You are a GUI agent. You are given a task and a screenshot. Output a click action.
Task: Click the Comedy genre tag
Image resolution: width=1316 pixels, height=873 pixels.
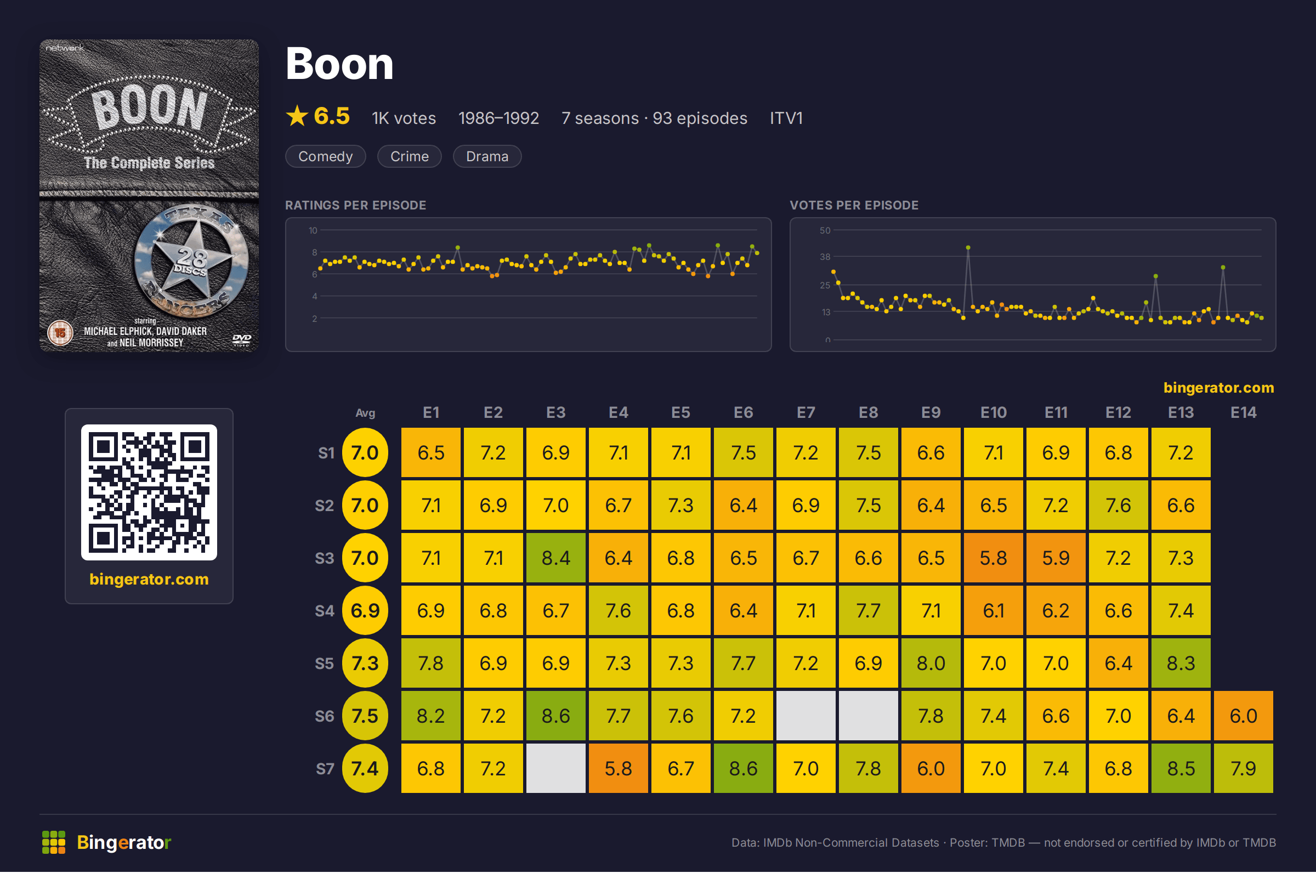[325, 156]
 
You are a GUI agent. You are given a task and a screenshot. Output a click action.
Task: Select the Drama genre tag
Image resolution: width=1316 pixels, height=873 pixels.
[487, 156]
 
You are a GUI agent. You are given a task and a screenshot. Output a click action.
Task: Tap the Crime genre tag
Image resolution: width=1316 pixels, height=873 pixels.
[409, 156]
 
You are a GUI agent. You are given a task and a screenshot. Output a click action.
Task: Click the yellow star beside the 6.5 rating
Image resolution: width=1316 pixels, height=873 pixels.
[297, 116]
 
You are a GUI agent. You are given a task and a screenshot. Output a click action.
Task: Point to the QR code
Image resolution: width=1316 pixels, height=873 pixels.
[149, 493]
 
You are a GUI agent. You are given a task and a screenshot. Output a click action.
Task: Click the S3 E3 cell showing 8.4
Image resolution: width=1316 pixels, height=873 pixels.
[555, 558]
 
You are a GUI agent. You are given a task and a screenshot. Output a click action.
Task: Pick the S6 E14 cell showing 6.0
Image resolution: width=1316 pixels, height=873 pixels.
[1243, 716]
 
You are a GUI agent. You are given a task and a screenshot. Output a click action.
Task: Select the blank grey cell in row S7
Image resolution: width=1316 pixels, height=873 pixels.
[555, 768]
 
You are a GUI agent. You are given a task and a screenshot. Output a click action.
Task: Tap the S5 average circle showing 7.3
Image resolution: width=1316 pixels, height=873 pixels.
[365, 663]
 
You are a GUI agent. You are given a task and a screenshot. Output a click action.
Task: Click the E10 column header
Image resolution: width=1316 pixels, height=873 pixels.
[993, 412]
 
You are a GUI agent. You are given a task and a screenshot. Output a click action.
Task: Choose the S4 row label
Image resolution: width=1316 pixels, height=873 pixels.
[325, 611]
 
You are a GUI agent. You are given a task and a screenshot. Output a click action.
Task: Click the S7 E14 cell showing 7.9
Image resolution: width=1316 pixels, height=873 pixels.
[1243, 768]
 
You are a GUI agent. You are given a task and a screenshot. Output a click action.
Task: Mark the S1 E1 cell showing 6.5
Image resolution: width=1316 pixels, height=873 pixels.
[431, 452]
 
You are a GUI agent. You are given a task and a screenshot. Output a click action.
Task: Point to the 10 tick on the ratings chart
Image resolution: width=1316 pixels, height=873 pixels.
[313, 230]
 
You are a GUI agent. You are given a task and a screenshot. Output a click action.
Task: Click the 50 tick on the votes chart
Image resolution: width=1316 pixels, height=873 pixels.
[825, 230]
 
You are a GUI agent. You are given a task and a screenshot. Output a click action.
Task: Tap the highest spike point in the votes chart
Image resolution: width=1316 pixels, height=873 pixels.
[968, 247]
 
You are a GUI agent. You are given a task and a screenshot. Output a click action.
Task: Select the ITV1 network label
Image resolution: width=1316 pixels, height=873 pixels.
[786, 118]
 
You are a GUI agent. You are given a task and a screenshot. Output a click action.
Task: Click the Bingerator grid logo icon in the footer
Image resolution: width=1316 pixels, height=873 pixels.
[53, 842]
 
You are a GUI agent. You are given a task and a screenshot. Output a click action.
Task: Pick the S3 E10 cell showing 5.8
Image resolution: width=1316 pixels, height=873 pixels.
[993, 558]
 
